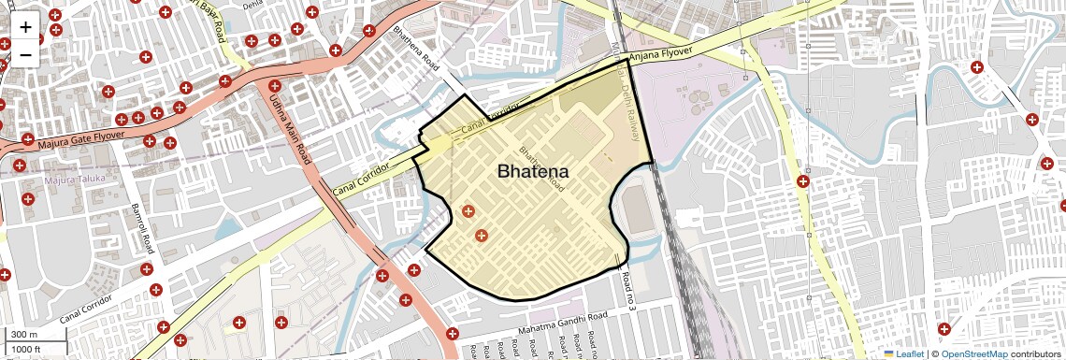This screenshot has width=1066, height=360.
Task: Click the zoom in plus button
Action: pyautogui.click(x=25, y=27)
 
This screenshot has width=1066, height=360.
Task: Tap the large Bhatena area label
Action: pyautogui.click(x=533, y=172)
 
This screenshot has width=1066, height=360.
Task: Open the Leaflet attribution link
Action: pyautogui.click(x=905, y=353)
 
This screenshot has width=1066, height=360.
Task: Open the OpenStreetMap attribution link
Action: pyautogui.click(x=973, y=353)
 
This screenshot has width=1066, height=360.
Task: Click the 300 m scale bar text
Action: pyautogui.click(x=24, y=335)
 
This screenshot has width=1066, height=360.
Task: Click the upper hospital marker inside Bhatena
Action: pyautogui.click(x=467, y=212)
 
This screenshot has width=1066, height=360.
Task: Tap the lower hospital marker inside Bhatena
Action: pyautogui.click(x=481, y=236)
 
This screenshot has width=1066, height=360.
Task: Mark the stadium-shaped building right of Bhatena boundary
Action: pyautogui.click(x=637, y=210)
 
